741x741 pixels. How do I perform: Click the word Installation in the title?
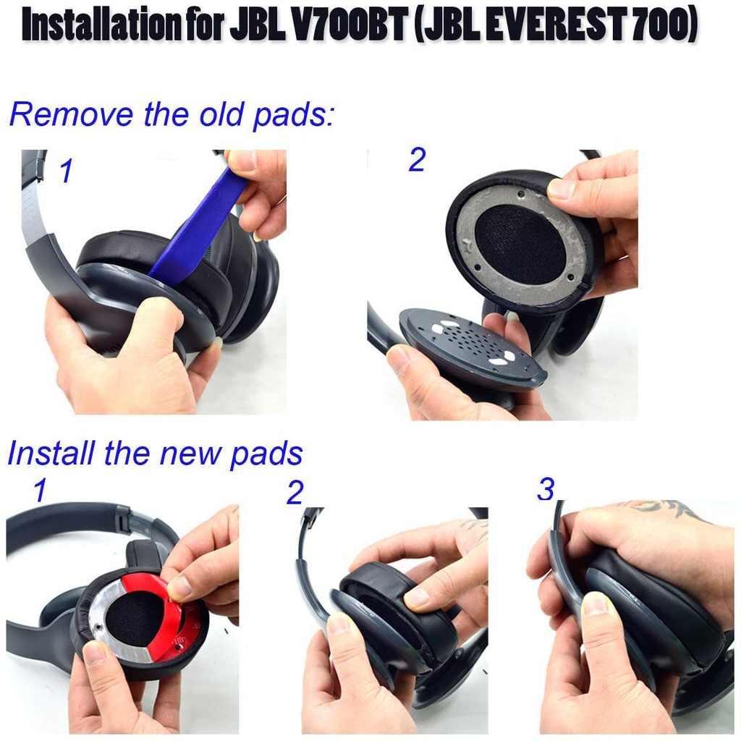[100, 24]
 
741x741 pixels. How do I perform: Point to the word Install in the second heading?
[51, 453]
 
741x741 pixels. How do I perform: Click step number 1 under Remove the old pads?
[66, 171]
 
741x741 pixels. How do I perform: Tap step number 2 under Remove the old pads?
[418, 161]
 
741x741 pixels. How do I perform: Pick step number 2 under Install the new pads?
[295, 493]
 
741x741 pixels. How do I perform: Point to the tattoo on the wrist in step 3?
[661, 509]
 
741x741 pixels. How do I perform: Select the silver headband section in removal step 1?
[35, 208]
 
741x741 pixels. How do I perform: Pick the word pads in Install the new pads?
[266, 454]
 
